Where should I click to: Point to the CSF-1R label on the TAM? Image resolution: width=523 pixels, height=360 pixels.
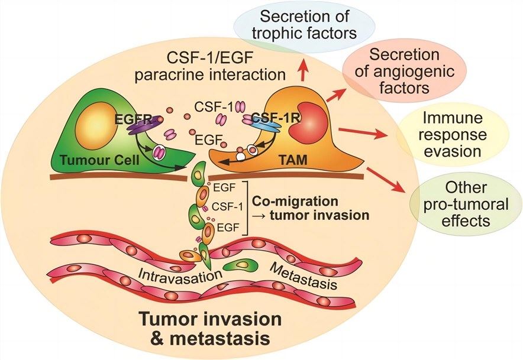coord(269,119)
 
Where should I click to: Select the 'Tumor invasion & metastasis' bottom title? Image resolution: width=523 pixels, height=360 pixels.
coord(210,329)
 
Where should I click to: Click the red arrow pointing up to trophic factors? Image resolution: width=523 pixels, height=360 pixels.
coord(304,71)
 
